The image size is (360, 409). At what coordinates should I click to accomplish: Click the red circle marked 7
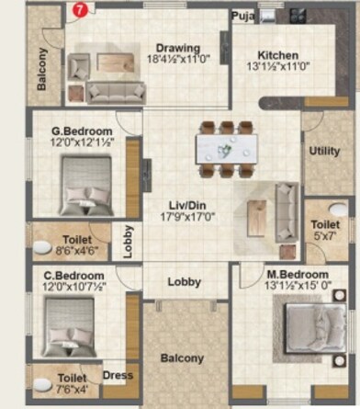80,10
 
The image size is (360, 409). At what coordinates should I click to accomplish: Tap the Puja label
242,17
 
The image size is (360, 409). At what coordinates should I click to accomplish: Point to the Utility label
324,151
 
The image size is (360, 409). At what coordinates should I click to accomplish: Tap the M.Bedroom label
298,275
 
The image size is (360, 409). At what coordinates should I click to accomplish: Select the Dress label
118,375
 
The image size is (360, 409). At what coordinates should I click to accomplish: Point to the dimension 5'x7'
325,236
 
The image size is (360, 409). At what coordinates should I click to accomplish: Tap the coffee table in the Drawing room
117,62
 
